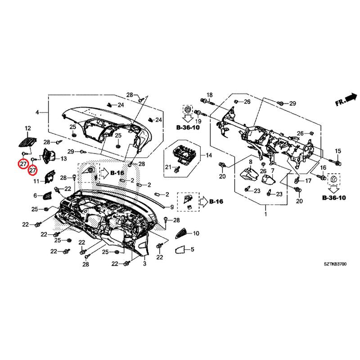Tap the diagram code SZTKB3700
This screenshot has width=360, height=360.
coord(335,264)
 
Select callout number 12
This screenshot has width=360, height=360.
coord(28,128)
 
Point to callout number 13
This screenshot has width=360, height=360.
coord(63,158)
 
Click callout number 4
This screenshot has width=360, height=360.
coord(37,112)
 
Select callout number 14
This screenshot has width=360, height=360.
coord(209,155)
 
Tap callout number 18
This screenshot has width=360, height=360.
coord(210,95)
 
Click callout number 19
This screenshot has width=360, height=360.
coord(198,121)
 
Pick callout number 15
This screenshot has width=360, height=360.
coord(338,151)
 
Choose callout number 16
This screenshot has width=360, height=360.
coord(323,167)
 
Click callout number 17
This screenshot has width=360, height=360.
coord(308,181)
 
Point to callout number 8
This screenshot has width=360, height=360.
coord(251,162)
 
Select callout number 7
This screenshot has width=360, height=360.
coord(273,171)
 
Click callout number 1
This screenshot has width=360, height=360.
coord(265,214)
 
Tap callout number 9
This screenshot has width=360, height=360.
coord(172,207)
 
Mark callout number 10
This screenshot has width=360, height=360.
coord(196,234)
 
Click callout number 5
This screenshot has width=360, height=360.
coord(193,249)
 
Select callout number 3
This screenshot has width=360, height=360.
coord(144,264)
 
